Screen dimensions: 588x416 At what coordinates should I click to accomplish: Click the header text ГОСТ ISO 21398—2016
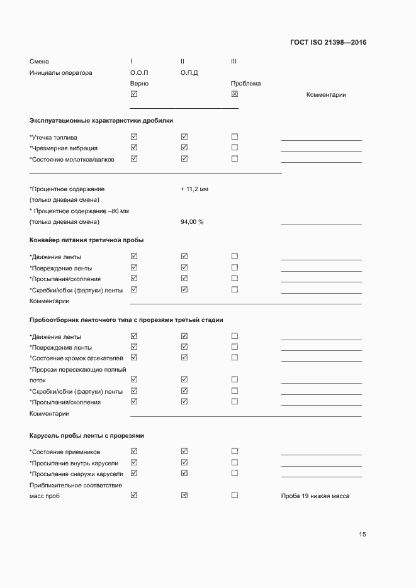pos(328,43)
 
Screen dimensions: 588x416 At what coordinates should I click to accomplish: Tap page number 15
pos(362,535)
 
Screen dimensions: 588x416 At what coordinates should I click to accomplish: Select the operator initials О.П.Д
pos(189,73)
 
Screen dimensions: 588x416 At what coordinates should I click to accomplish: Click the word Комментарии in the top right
pos(326,95)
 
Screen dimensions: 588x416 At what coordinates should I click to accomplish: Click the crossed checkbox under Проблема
pos(235,94)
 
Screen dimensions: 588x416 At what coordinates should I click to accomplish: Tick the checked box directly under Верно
pos(133,94)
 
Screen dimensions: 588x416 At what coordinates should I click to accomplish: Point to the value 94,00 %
pos(191,222)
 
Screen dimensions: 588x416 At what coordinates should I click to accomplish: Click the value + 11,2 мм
pos(194,189)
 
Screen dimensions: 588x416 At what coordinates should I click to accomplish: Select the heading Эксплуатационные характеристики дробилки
pos(101,120)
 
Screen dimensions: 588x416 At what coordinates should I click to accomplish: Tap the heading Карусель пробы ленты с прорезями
pos(87,435)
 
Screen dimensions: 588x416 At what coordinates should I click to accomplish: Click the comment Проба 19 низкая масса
pos(315,496)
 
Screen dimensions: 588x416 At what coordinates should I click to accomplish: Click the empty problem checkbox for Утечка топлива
pos(235,136)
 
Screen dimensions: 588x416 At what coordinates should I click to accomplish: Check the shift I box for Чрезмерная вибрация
pos(133,148)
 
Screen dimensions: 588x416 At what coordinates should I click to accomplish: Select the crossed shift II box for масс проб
pos(184,495)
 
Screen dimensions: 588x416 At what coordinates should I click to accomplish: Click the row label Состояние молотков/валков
pos(72,159)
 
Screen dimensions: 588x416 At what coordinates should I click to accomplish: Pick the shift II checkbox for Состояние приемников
pos(184,451)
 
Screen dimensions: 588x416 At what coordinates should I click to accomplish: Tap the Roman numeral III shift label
pos(233,62)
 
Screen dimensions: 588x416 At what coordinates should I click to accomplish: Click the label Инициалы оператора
pos(60,73)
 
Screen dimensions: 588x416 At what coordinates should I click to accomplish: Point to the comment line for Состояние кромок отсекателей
pos(321,360)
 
